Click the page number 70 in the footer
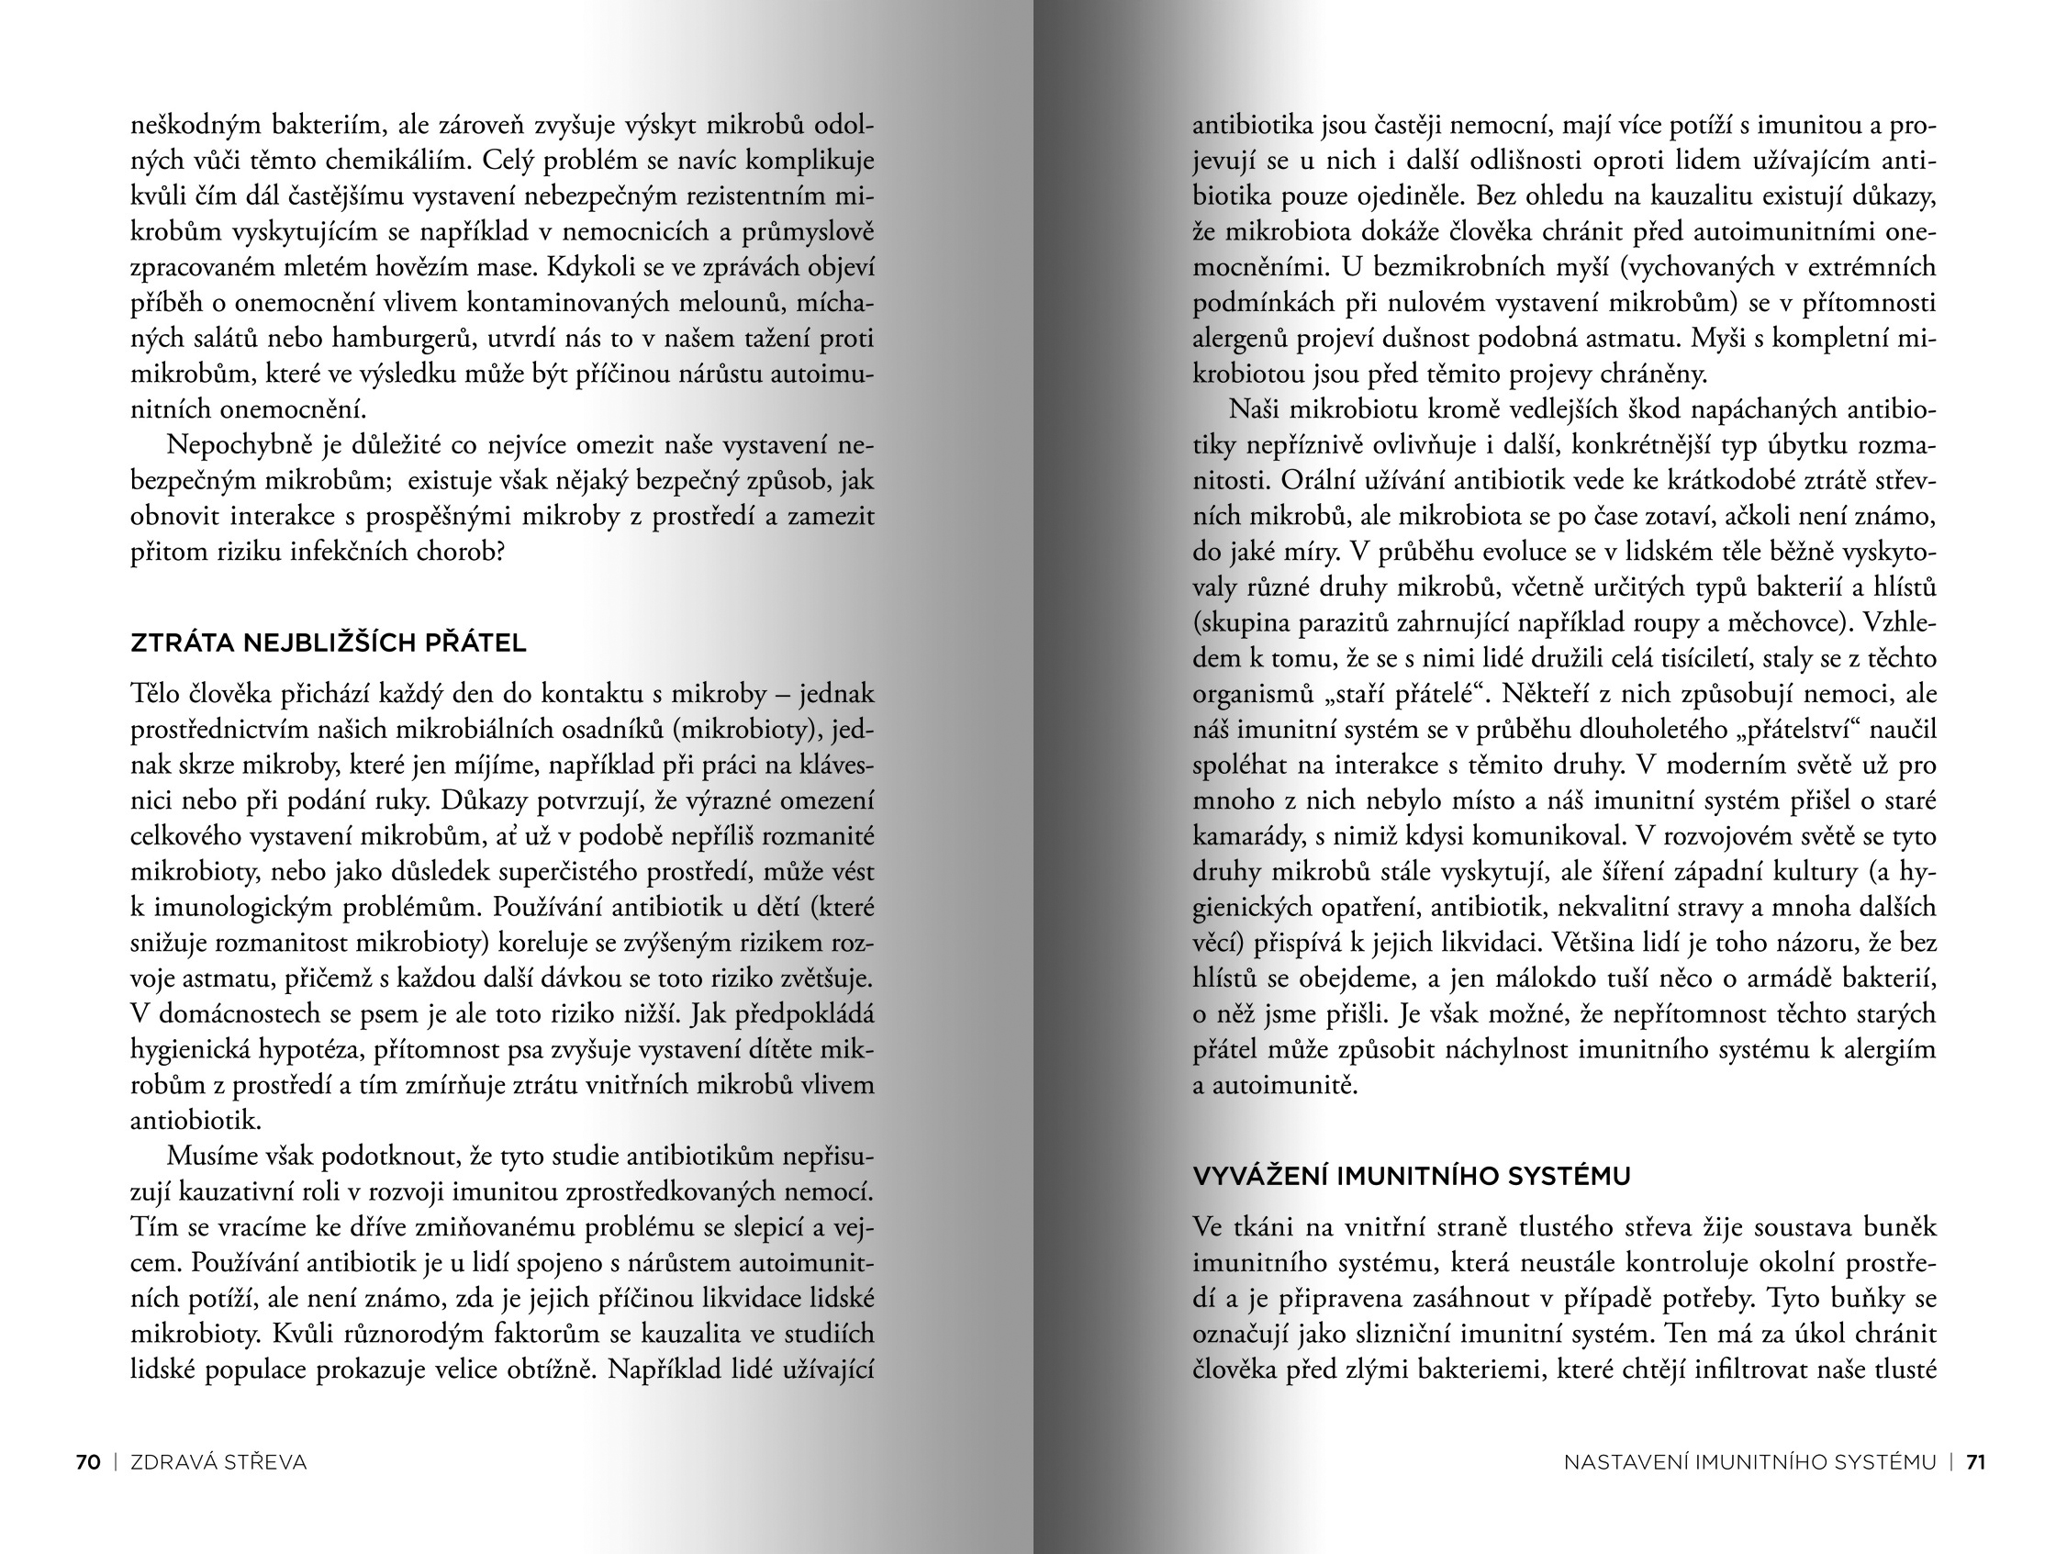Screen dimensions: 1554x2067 pyautogui.click(x=88, y=1462)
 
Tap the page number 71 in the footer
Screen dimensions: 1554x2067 pyautogui.click(x=1975, y=1462)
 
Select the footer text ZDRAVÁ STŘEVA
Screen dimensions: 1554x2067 pyautogui.click(x=218, y=1462)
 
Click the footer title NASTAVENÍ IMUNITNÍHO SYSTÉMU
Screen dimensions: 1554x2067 pyautogui.click(x=1749, y=1462)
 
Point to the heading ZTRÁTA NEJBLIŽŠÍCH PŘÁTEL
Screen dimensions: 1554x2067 pyautogui.click(x=328, y=643)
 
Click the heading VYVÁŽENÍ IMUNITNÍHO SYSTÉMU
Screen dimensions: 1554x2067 pyautogui.click(x=1411, y=1176)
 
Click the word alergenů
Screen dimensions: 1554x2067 pyautogui.click(x=1242, y=339)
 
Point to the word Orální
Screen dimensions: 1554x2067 pyautogui.click(x=1320, y=480)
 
